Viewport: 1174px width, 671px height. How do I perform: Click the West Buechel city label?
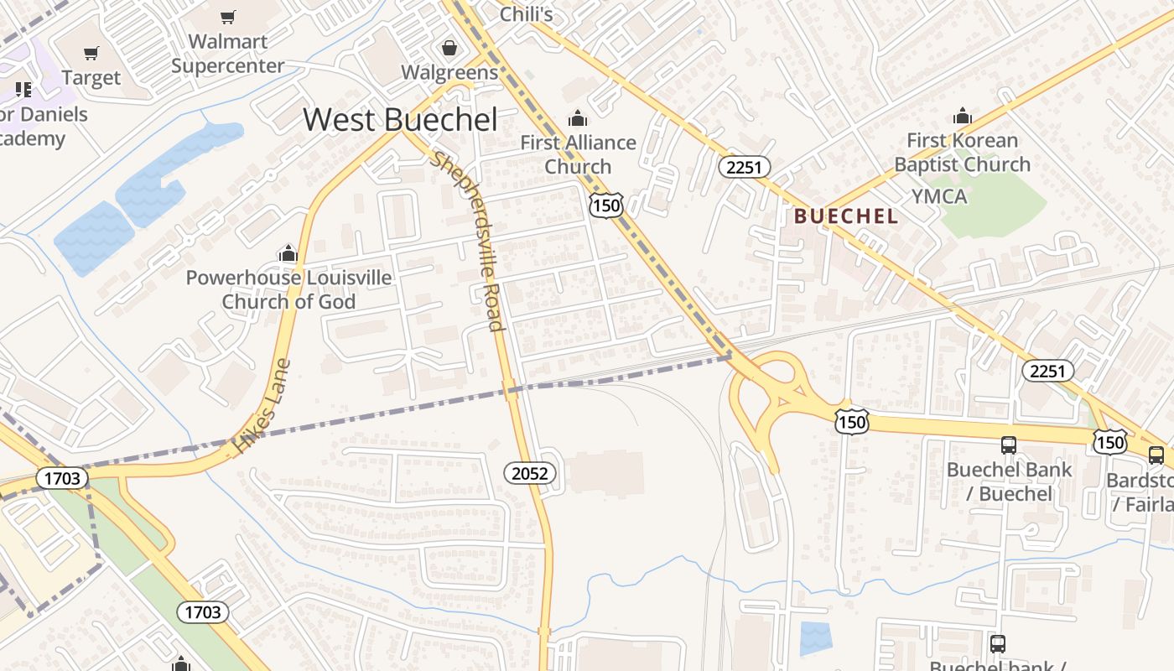tap(400, 120)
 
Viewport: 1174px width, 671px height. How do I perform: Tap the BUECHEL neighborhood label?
tap(845, 216)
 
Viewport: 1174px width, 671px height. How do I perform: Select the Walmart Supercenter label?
tap(227, 54)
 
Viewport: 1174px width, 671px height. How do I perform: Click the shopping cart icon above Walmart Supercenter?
tap(227, 18)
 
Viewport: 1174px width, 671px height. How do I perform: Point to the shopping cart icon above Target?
tap(91, 54)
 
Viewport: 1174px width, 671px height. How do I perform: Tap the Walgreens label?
tap(449, 72)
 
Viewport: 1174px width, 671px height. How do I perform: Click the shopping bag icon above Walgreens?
tap(449, 47)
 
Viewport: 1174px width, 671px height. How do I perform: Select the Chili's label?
tap(526, 14)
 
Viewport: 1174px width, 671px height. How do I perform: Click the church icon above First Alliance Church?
tap(577, 118)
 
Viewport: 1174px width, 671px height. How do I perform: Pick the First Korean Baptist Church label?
tap(962, 152)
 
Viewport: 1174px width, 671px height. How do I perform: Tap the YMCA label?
tap(939, 197)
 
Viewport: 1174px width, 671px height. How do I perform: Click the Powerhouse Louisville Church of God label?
tap(288, 289)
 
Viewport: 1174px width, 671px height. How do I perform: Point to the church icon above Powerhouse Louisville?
tap(288, 253)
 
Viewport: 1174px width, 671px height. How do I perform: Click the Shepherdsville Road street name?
tap(467, 242)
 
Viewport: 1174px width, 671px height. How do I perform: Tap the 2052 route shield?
tap(529, 473)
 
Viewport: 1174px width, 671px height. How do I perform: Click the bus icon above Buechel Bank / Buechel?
tap(1009, 445)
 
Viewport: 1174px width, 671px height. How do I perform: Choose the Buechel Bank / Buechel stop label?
tap(1009, 481)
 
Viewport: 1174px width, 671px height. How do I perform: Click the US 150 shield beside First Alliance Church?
tap(605, 205)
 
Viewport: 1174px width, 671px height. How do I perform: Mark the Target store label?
tap(91, 78)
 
